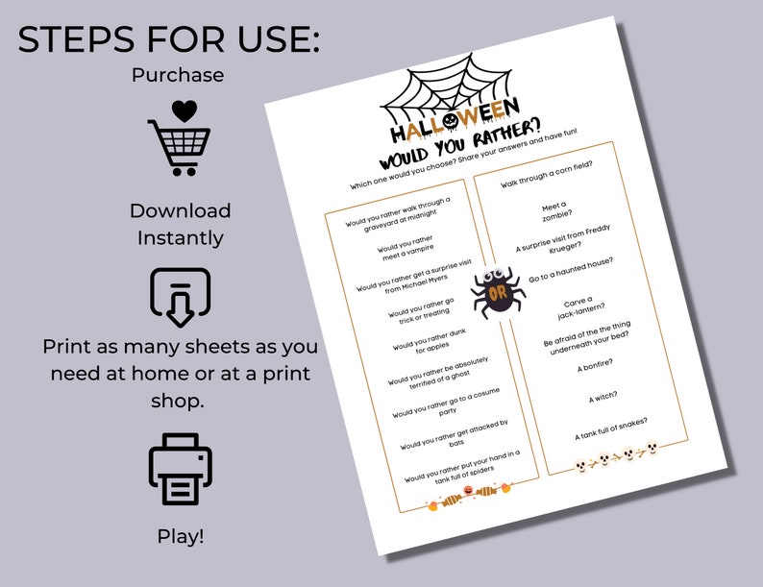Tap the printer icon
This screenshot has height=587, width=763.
pyautogui.click(x=180, y=471)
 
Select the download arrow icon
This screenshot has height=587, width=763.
pyautogui.click(x=180, y=297)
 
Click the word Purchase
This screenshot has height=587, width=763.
pyautogui.click(x=180, y=74)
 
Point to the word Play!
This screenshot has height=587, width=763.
pyautogui.click(x=181, y=536)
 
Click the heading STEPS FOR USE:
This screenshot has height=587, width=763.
pyautogui.click(x=169, y=39)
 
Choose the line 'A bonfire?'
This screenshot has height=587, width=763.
pyautogui.click(x=595, y=364)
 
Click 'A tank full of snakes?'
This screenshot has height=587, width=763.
pyautogui.click(x=612, y=428)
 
